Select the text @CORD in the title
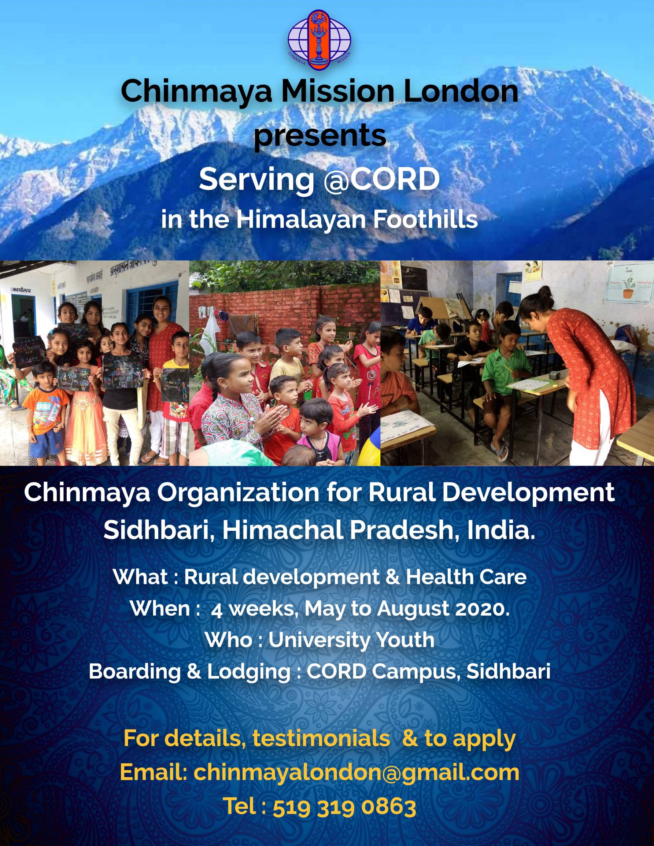tap(382, 180)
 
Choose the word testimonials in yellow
tap(321, 739)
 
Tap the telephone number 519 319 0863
tap(344, 805)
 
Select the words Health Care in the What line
tap(466, 577)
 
